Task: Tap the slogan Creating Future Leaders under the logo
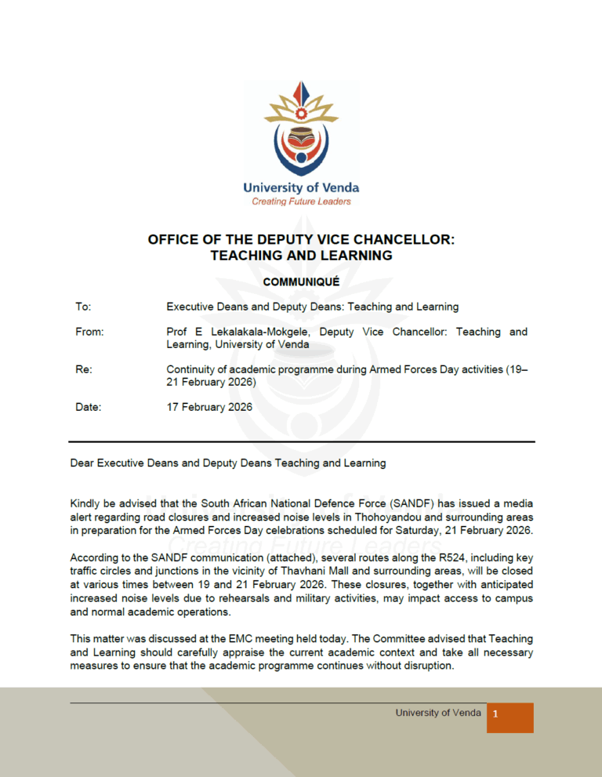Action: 301,202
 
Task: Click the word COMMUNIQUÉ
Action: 301,281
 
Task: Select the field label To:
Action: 83,307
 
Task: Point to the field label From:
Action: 89,332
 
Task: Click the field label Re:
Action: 84,369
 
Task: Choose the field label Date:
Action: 88,407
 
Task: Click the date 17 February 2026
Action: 209,407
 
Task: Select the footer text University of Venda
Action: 438,713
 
